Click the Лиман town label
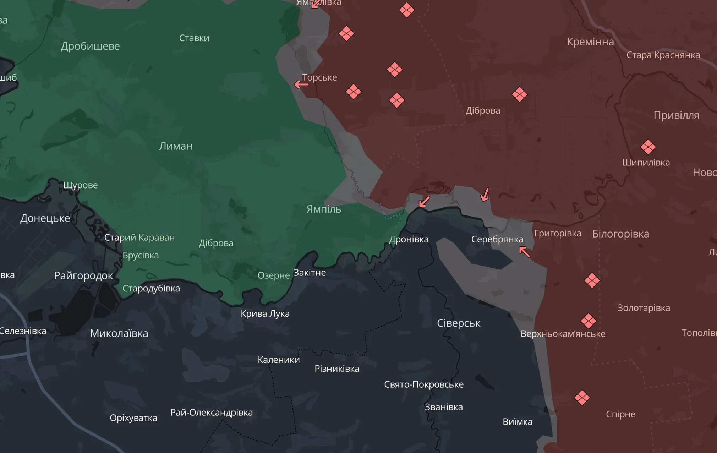(x=176, y=146)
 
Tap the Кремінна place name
(x=590, y=42)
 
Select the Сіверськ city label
(x=458, y=323)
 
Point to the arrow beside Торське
(x=301, y=84)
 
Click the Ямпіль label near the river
(x=324, y=209)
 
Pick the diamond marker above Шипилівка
(x=648, y=147)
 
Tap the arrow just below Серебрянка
(x=524, y=252)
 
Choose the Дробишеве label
(x=90, y=46)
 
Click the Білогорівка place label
(x=620, y=234)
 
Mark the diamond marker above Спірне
(x=582, y=397)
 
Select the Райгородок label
(x=83, y=275)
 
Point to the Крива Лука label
(x=265, y=313)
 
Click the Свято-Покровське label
(x=423, y=384)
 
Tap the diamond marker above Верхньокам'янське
(x=588, y=321)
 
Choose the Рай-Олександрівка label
(x=211, y=412)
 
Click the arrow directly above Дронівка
(x=424, y=202)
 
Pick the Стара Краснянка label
(x=663, y=55)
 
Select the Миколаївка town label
(x=119, y=333)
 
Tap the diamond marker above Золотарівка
(x=592, y=280)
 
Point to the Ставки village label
(x=194, y=38)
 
